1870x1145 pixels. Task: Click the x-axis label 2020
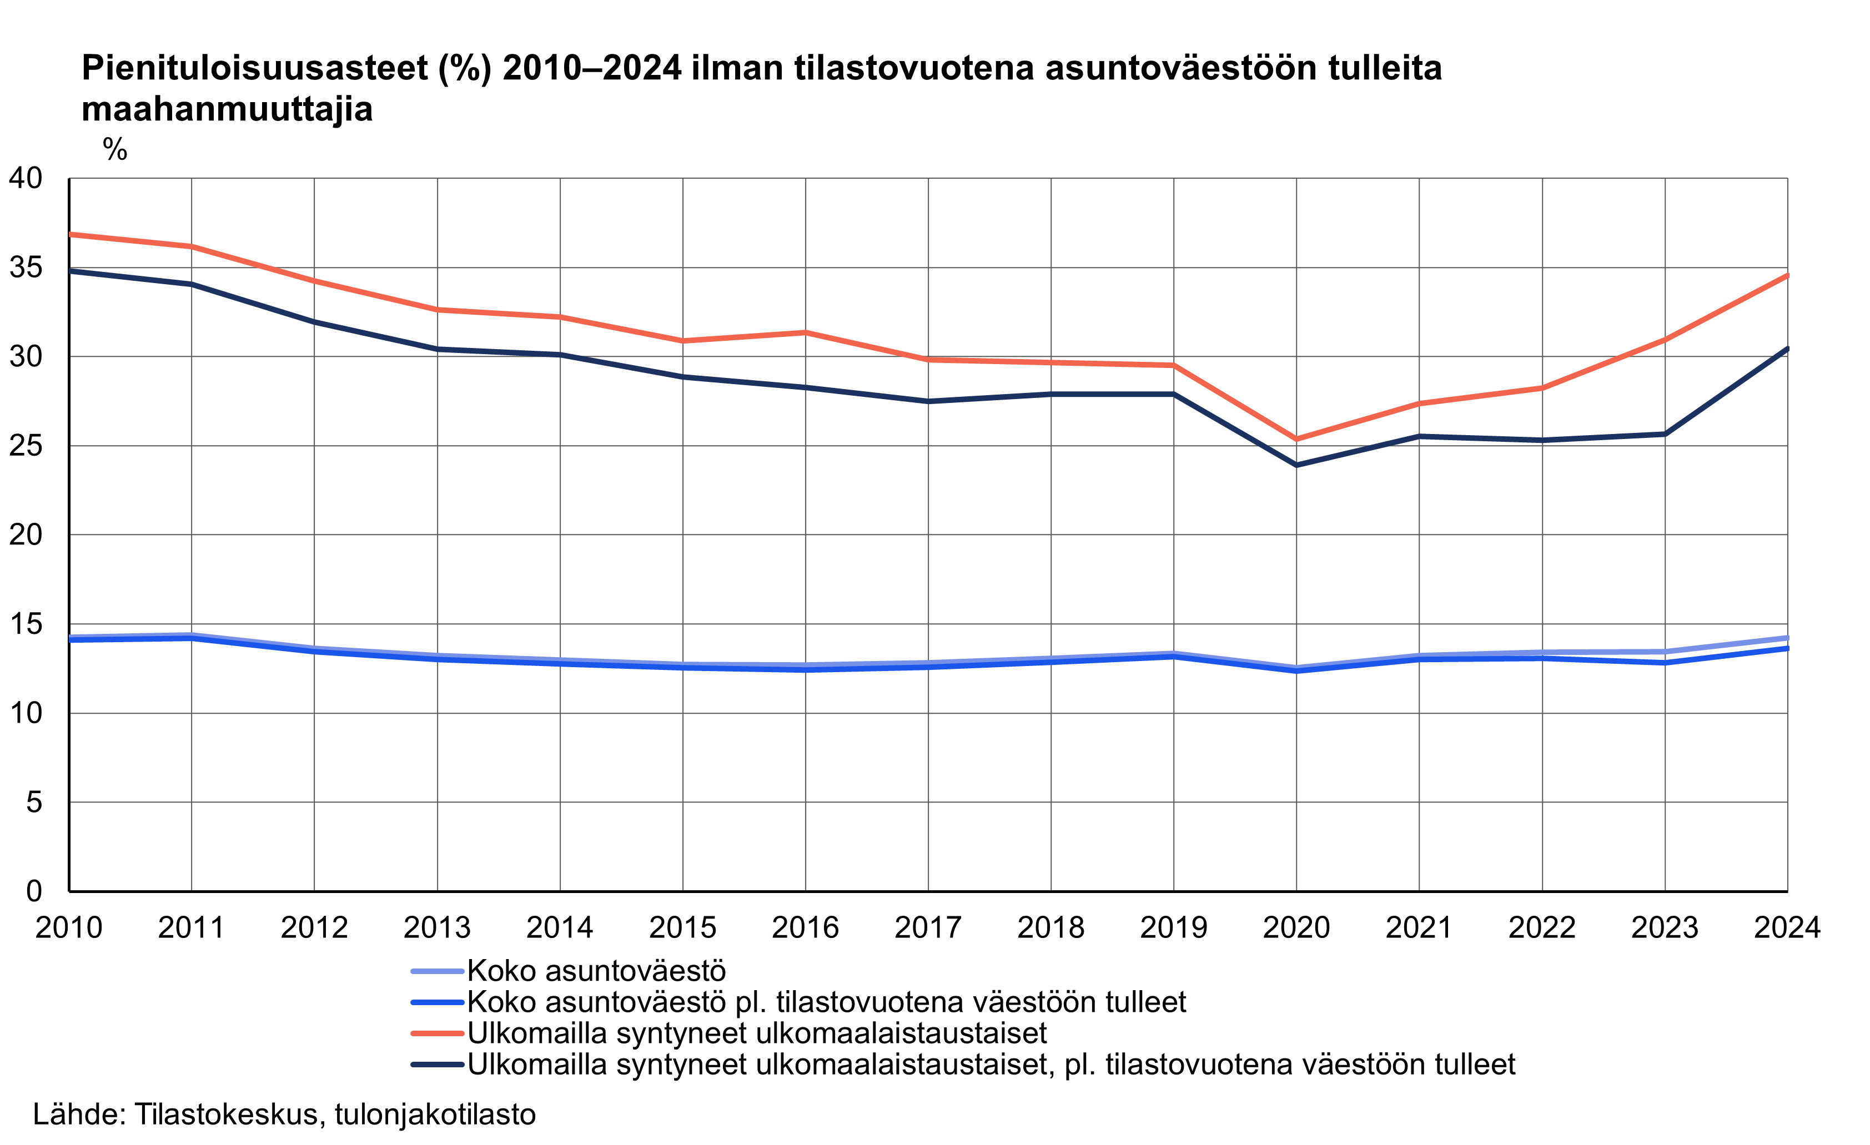1296,927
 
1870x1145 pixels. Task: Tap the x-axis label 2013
437,927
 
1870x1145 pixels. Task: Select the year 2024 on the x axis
1787,927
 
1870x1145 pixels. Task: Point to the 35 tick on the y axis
26,267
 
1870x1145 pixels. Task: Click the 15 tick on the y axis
26,624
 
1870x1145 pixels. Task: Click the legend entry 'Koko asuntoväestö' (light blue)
596,971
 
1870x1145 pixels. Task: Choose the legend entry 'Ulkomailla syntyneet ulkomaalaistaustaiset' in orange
757,1033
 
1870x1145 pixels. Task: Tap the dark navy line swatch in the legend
437,1065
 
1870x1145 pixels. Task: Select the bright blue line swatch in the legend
437,1002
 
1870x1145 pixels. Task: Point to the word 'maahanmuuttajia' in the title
227,109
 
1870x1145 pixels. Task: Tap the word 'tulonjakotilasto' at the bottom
435,1114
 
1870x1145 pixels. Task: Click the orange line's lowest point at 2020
1296,438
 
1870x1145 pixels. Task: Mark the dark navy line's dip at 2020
1296,465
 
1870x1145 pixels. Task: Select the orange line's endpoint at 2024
1787,275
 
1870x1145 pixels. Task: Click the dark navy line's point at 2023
1665,434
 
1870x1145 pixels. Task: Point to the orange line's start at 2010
70,234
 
